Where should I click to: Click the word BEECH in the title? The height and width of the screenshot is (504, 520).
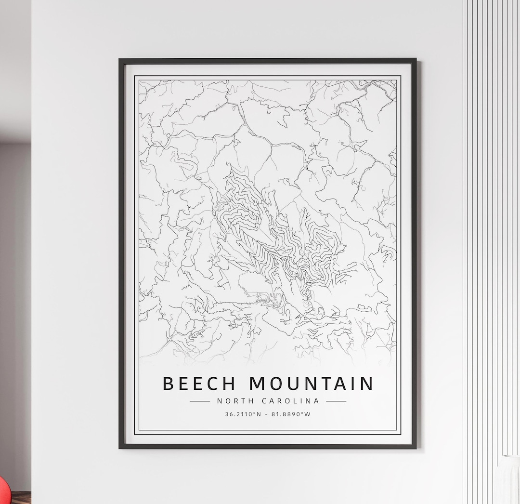point(199,384)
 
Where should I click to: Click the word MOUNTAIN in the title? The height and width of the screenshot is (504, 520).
point(311,384)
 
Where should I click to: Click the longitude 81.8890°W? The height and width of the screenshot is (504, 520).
point(292,414)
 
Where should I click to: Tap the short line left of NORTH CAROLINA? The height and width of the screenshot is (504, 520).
point(200,401)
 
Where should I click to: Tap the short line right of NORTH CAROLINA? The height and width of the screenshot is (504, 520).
point(336,401)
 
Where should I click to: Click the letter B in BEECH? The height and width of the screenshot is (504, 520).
point(168,384)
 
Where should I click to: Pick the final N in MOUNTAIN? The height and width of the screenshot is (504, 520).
point(366,384)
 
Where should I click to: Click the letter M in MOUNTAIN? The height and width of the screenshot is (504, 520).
point(259,384)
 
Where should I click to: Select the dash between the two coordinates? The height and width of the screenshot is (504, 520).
point(268,414)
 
